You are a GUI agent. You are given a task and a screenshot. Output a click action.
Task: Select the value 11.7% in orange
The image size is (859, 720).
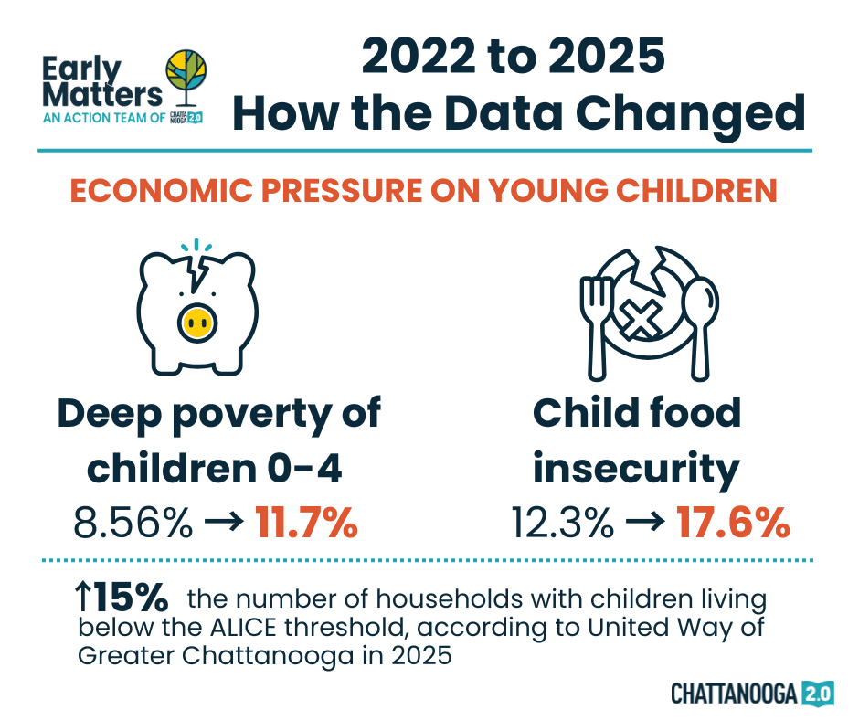click(x=306, y=524)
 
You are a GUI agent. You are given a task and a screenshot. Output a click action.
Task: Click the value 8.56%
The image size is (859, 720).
click(x=133, y=524)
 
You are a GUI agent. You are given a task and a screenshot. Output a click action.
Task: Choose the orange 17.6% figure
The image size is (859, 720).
click(x=733, y=524)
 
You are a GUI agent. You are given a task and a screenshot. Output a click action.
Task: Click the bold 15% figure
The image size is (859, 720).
click(x=133, y=598)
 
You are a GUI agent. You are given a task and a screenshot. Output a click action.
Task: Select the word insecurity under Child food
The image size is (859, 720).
click(x=637, y=468)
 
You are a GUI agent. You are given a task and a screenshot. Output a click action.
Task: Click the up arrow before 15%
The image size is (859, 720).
click(x=82, y=598)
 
